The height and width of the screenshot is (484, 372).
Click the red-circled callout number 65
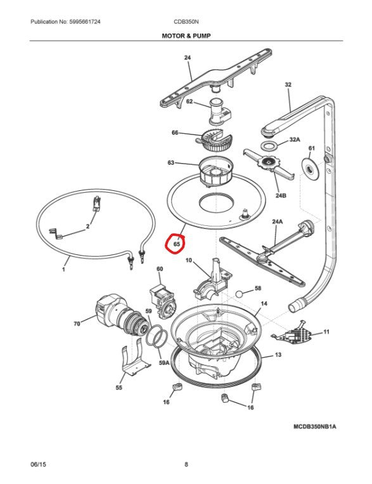(176, 244)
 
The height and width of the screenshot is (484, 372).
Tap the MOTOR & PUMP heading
(186, 36)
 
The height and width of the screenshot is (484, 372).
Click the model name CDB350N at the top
(186, 22)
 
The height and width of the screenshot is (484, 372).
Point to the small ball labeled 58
(240, 294)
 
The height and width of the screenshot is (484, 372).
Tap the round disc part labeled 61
(309, 169)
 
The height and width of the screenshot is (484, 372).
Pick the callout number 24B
(280, 195)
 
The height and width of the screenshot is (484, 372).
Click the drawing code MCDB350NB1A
(314, 426)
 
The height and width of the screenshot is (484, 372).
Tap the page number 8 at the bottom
(186, 464)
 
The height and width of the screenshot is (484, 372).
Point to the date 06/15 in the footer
(38, 464)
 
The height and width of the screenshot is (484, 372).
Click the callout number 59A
(164, 363)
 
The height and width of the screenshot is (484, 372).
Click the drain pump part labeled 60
(162, 301)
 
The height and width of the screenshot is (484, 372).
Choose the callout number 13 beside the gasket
(278, 355)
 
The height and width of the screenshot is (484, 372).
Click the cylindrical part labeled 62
(220, 112)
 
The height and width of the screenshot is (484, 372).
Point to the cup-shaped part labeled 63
(215, 172)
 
